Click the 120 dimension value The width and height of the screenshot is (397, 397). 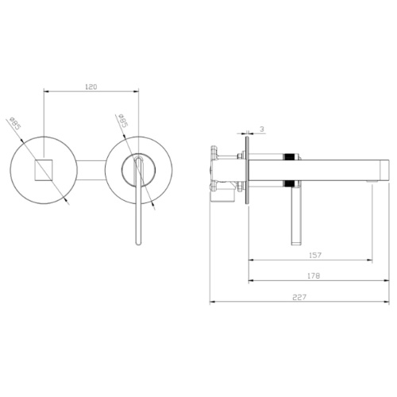(91, 87)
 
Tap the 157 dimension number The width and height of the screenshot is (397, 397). (315, 255)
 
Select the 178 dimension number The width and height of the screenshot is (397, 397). (314, 276)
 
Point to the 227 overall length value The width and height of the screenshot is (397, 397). (299, 297)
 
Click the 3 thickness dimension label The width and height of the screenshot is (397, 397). (262, 129)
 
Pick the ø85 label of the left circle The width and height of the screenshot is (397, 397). (15, 123)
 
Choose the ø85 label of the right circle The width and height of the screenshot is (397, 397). (123, 121)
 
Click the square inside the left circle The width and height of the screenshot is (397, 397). (44, 170)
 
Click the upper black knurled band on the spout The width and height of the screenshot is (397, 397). (289, 156)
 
